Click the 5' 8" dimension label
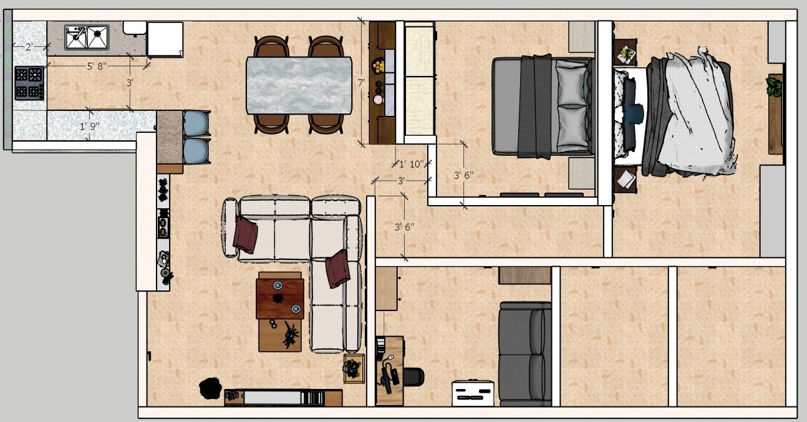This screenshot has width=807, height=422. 97,66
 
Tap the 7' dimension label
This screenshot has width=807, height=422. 361,83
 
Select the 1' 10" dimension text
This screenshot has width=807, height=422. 412,164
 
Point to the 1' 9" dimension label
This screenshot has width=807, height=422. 89,127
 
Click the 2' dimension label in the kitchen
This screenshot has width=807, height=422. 29,47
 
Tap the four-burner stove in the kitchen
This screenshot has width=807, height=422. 29,83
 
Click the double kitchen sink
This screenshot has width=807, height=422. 87,37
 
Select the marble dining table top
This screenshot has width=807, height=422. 299,85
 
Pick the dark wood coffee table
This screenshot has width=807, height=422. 280,299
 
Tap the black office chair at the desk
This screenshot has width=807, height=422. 413,377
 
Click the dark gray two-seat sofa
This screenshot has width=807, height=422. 525,354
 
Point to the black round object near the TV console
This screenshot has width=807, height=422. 210,388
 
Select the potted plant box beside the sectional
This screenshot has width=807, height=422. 354,369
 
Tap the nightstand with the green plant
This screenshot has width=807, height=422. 626,52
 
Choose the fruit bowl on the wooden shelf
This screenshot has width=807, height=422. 378,66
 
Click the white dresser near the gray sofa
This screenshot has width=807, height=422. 473,393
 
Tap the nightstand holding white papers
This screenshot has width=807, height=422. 626,180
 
